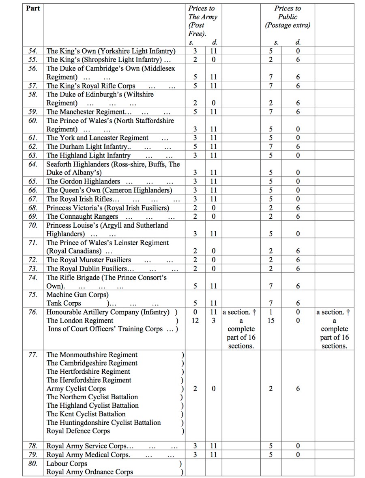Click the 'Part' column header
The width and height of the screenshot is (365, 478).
(x=33, y=8)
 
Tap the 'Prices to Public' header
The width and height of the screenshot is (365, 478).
(x=288, y=17)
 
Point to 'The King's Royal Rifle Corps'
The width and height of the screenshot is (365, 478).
(x=91, y=86)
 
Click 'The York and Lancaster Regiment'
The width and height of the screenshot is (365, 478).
(x=97, y=138)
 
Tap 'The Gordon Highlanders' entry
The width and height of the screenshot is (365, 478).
(x=83, y=181)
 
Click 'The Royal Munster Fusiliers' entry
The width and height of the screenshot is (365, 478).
(x=89, y=260)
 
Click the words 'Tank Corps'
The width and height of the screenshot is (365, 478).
(x=64, y=303)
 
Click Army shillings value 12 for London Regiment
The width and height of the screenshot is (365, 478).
(x=195, y=321)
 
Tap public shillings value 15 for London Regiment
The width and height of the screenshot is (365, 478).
(x=271, y=321)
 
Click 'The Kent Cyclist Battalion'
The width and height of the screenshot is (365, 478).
(x=86, y=414)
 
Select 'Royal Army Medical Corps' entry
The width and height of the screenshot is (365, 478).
(x=88, y=454)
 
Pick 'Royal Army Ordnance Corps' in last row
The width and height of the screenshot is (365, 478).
(x=90, y=472)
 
